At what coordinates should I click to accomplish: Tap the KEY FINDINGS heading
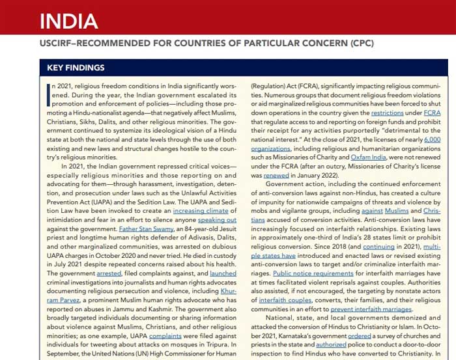point(76,68)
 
